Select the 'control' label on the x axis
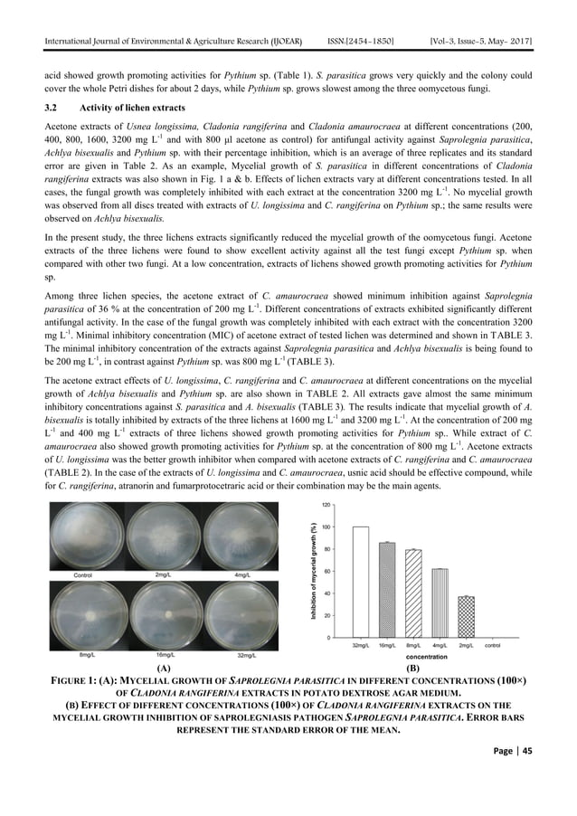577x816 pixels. (493, 645)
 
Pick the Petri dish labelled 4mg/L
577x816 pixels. (242, 536)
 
